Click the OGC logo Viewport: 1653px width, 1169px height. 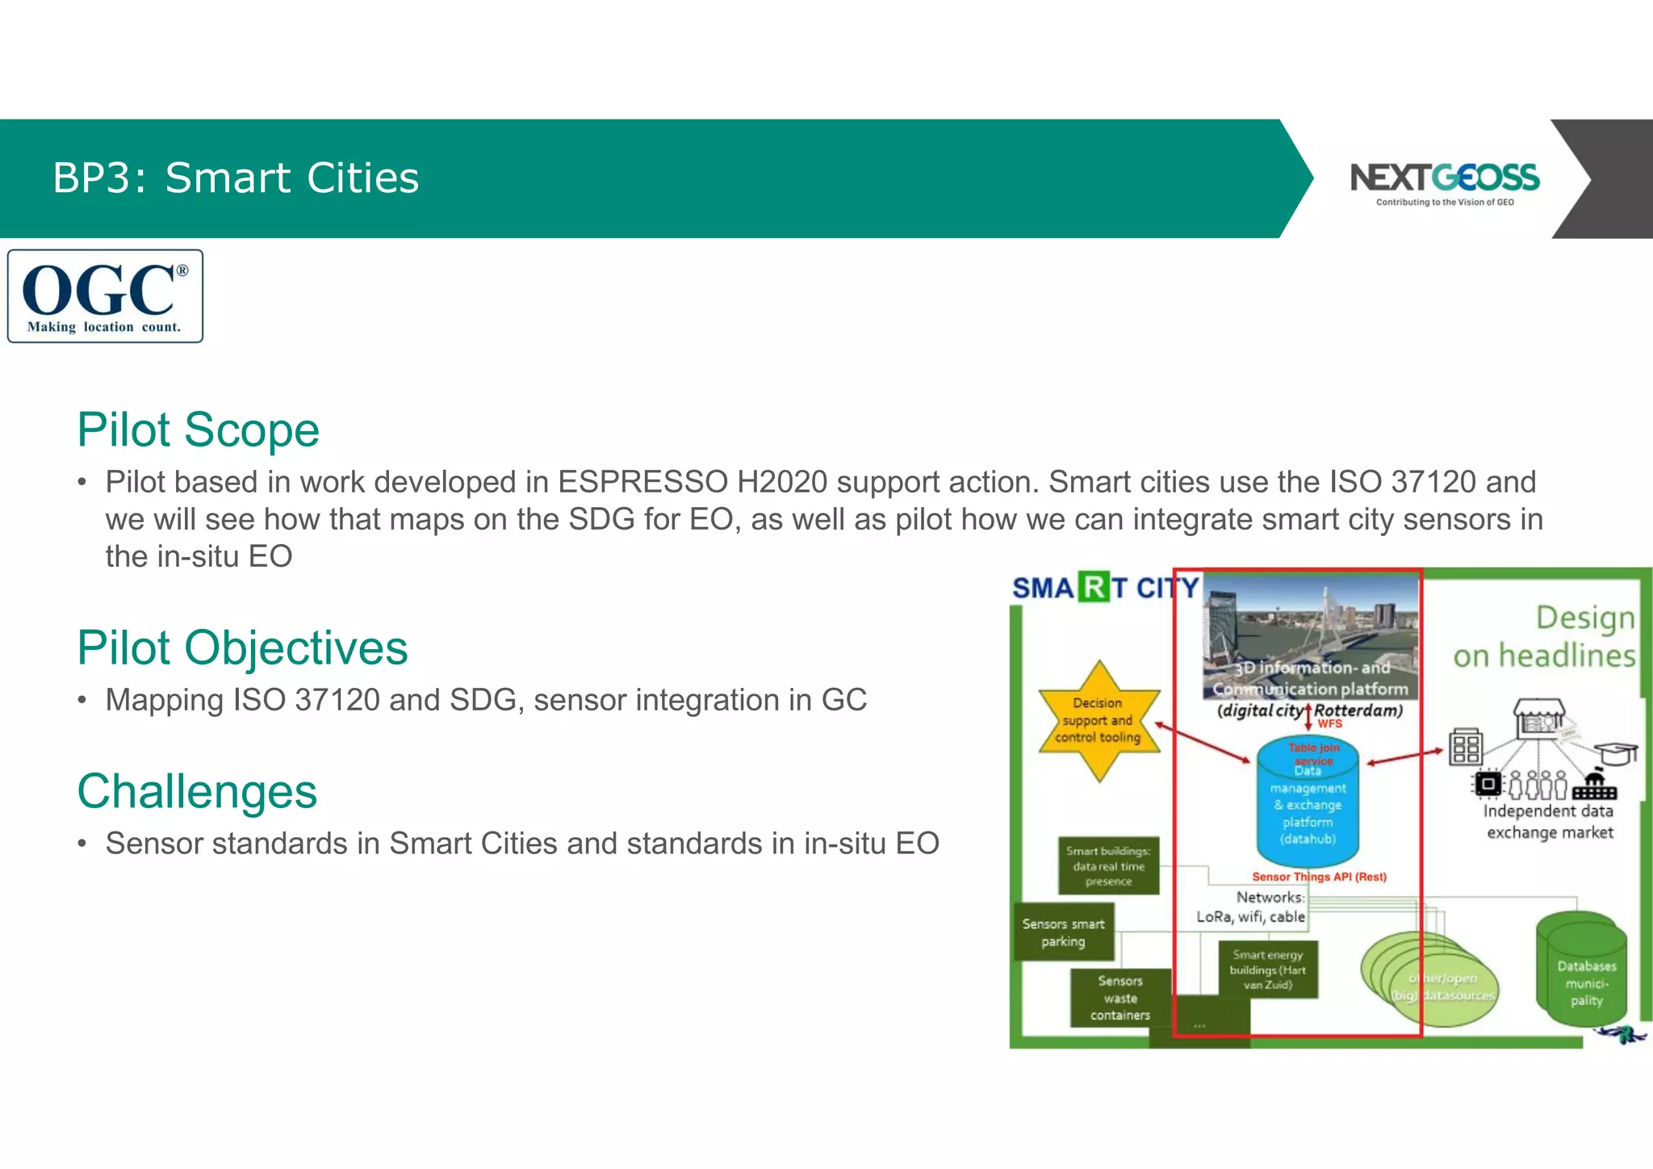(105, 296)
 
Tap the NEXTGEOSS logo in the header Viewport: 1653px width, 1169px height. (1444, 182)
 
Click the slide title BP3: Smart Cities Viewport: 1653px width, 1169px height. (236, 178)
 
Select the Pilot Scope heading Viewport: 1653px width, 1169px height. (199, 429)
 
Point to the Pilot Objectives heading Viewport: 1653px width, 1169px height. (242, 647)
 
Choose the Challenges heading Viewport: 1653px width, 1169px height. (197, 791)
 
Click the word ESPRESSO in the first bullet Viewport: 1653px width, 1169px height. (642, 482)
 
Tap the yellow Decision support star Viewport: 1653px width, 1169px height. (1099, 720)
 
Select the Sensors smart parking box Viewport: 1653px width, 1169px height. (1063, 932)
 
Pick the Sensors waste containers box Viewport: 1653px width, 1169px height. (1119, 998)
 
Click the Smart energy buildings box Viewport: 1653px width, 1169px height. (1267, 970)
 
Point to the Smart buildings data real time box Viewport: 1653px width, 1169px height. (1107, 865)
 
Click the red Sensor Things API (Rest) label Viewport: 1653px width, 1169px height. (1319, 877)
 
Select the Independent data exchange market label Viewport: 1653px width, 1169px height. (1549, 822)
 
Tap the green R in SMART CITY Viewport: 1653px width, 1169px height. (1094, 588)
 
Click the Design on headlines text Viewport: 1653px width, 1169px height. (1545, 636)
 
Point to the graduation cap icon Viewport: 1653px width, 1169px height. (1616, 752)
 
